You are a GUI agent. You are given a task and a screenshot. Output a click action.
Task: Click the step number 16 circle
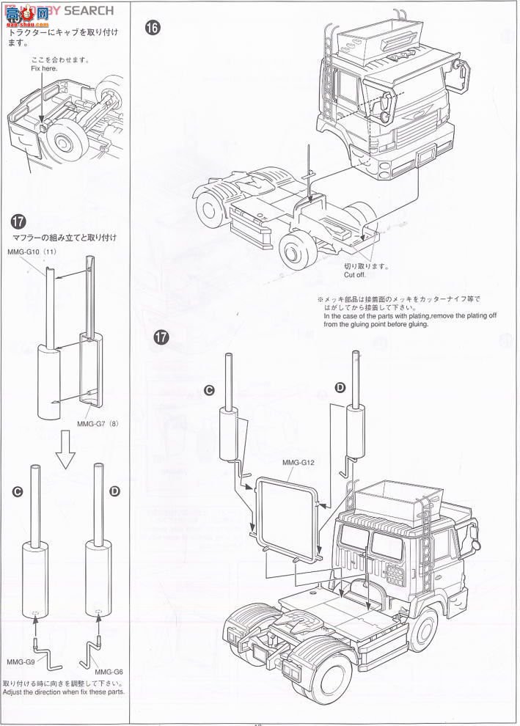(x=153, y=29)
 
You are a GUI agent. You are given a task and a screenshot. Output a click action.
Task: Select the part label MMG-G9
(x=20, y=661)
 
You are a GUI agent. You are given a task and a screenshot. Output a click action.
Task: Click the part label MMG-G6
(x=109, y=672)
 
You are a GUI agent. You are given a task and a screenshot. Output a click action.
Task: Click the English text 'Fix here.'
(x=45, y=68)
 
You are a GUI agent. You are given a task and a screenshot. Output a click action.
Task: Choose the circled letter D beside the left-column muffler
(x=114, y=491)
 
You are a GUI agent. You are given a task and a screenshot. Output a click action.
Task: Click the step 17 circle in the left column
(x=20, y=221)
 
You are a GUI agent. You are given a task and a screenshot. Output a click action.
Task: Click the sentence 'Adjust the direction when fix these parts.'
(x=64, y=692)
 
